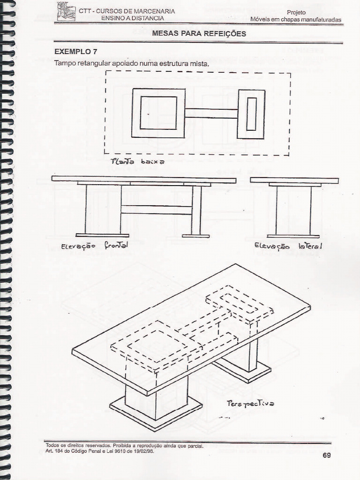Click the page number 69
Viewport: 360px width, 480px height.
click(326, 455)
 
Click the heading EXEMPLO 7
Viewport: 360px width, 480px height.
click(76, 52)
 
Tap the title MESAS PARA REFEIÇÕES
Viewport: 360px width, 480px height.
click(199, 34)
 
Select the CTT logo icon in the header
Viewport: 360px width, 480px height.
click(66, 11)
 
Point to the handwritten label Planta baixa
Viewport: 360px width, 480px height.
click(137, 162)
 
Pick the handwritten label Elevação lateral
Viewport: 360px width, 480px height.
click(288, 246)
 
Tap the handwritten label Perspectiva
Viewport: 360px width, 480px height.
click(250, 403)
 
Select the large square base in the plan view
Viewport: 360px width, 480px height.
click(158, 113)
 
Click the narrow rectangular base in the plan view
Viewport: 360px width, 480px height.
click(251, 114)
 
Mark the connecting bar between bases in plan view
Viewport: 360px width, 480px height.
click(211, 113)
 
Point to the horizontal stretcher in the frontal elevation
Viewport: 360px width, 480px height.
click(157, 210)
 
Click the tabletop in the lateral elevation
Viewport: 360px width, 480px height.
click(294, 180)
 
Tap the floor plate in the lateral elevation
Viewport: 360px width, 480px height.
click(293, 236)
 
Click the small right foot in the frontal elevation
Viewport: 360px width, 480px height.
click(195, 235)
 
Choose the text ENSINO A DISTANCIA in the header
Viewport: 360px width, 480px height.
click(133, 18)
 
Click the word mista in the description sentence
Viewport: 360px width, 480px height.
click(199, 63)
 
